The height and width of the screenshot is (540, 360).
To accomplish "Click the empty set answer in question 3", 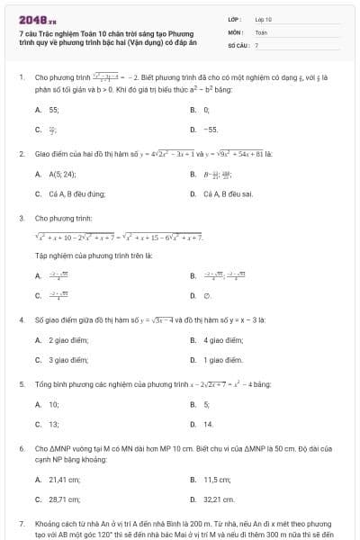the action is point(207,294).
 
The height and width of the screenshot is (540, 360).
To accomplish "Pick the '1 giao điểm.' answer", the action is point(222,359).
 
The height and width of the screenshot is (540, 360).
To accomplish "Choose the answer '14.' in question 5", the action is point(208,423).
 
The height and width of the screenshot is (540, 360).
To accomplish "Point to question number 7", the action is point(22,523).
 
